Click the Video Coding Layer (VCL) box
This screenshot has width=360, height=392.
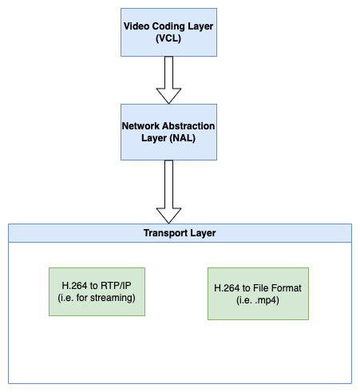pos(168,33)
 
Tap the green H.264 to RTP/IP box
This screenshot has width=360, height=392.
pos(97,291)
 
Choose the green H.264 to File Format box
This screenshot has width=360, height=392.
pos(258,293)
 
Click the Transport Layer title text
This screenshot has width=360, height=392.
pos(180,233)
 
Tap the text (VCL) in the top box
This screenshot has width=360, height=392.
pos(168,38)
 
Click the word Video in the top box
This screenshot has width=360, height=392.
pos(137,26)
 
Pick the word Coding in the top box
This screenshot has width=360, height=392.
pos(170,26)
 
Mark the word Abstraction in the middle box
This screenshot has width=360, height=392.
pos(190,125)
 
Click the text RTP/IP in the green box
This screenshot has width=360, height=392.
pos(115,286)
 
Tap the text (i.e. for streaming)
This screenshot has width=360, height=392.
pos(97,298)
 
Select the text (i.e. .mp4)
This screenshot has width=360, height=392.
pos(258,299)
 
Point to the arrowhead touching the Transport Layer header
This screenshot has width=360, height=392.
pos(168,215)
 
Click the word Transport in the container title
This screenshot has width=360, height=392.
pos(165,233)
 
